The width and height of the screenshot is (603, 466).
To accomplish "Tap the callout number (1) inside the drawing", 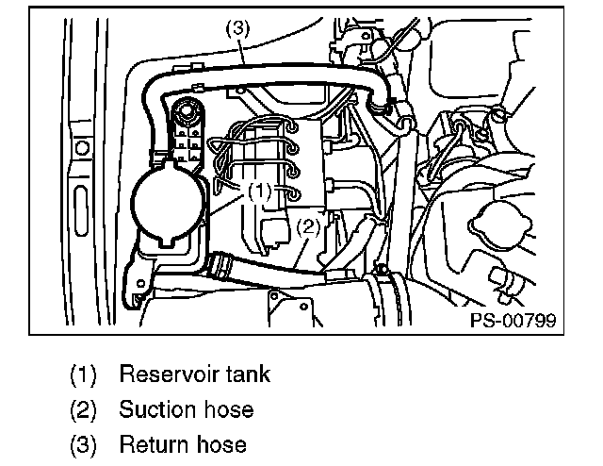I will tap(260, 190).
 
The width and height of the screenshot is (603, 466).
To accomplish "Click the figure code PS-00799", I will tap(513, 321).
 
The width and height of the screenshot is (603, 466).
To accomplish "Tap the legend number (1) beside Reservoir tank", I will tap(83, 374).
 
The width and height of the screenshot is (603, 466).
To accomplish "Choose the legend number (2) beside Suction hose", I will tap(83, 409).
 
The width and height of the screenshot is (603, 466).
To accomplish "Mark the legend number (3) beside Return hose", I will tap(83, 444).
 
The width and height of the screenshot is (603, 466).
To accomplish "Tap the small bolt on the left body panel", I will tap(82, 148).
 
